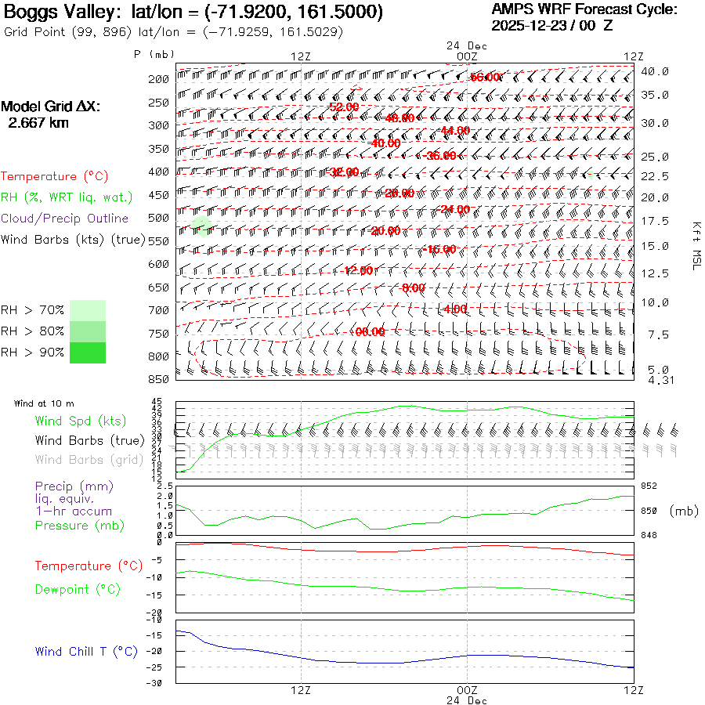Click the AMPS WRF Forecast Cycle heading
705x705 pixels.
pos(584,9)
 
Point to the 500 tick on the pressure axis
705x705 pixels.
pos(159,218)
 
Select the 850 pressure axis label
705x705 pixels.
pos(159,380)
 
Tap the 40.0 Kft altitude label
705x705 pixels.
pos(655,71)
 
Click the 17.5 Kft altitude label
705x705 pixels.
pos(655,222)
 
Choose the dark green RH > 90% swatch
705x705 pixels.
pos(87,352)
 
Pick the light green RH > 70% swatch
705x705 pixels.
pos(87,309)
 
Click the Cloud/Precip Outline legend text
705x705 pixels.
pos(65,219)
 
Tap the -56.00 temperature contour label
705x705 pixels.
pos(485,77)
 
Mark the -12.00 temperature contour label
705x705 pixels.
pos(360,270)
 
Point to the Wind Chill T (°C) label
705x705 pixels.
pos(86,651)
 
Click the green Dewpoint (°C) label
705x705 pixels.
pos(78,589)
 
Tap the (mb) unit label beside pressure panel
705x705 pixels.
pos(684,510)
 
